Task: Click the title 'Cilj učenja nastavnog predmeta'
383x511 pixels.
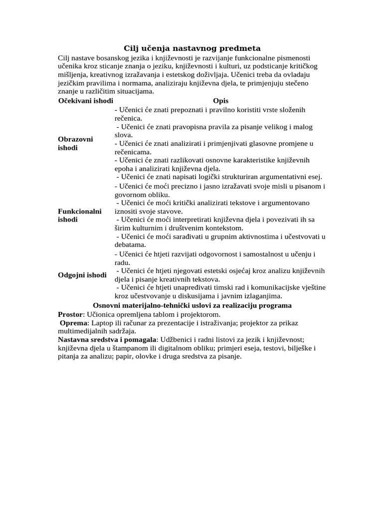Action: point(192,48)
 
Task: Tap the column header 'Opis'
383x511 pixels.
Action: point(220,101)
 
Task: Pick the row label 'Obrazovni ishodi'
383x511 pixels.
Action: point(75,143)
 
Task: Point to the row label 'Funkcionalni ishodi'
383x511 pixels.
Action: point(80,215)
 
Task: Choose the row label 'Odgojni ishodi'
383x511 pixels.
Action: point(82,275)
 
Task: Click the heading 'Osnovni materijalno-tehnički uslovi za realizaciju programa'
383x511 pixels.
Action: point(192,305)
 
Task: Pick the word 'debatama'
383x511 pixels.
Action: point(130,245)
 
